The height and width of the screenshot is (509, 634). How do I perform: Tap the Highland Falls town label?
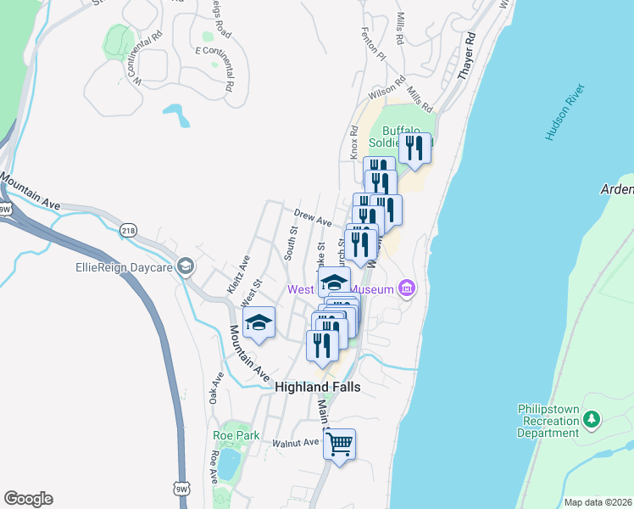pos(318,387)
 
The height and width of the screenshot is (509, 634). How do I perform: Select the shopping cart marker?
pos(339,444)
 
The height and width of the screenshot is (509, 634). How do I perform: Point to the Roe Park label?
pos(236,435)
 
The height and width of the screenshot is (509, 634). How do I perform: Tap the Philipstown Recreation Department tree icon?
pos(592,418)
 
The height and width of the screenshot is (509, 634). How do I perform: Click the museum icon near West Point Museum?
pos(407,289)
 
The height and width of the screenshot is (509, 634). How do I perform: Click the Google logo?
pos(28,499)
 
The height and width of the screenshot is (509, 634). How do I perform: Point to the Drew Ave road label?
pos(312,217)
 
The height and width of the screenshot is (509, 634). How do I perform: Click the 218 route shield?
pos(128,230)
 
